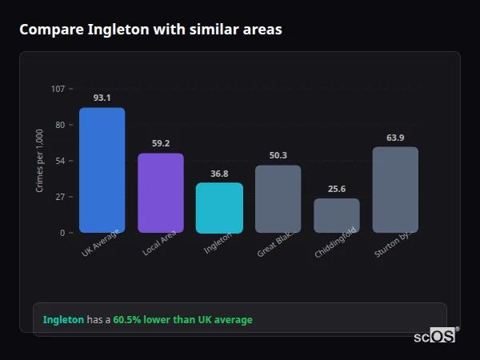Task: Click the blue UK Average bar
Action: click(x=102, y=170)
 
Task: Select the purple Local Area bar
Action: click(x=161, y=193)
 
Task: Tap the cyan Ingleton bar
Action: click(x=219, y=207)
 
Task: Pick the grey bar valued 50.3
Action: click(x=278, y=198)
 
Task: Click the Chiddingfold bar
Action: click(x=337, y=215)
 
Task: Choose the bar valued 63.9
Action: click(x=395, y=190)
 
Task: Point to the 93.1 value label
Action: click(x=102, y=98)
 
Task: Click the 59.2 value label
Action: click(x=161, y=143)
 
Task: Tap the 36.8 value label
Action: click(x=219, y=173)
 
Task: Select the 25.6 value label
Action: click(x=337, y=189)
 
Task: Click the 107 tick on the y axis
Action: click(x=58, y=89)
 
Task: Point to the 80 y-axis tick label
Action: click(x=59, y=125)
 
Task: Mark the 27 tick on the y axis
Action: click(x=59, y=197)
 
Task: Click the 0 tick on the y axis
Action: click(x=62, y=233)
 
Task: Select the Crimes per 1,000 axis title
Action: click(x=39, y=161)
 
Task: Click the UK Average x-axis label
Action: click(x=101, y=243)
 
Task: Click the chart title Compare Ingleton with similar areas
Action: click(x=150, y=30)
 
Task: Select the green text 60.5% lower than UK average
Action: click(x=182, y=320)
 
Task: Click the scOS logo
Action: click(x=435, y=337)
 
